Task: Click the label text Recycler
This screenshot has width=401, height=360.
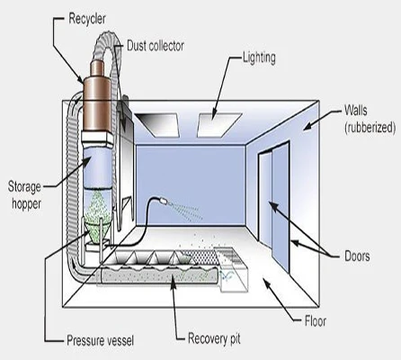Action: click(x=87, y=19)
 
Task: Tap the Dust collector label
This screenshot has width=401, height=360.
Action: click(x=156, y=46)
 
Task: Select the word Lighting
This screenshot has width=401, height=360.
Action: click(x=259, y=58)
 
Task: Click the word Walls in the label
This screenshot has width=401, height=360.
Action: click(x=356, y=110)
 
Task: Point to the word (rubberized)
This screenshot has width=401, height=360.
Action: click(x=370, y=128)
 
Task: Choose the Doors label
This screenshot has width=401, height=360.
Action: click(x=357, y=256)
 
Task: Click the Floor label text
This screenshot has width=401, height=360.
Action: click(x=316, y=321)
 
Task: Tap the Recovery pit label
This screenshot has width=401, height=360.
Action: click(x=214, y=338)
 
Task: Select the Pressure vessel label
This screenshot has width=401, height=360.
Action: click(x=100, y=341)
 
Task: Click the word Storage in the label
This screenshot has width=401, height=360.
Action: click(x=24, y=187)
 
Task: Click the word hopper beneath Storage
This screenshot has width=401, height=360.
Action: click(x=26, y=204)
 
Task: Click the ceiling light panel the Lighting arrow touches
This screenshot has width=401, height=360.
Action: click(x=219, y=125)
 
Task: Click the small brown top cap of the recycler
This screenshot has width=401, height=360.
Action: click(x=97, y=68)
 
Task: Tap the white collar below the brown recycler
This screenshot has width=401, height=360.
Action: click(x=97, y=137)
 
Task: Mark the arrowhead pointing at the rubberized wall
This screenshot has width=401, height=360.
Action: click(x=307, y=127)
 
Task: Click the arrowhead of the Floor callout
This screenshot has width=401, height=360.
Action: click(x=266, y=282)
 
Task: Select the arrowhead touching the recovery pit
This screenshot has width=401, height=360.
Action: click(x=173, y=280)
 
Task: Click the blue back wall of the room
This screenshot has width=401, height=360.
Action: click(x=191, y=184)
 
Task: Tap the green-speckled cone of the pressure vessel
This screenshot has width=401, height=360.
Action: click(x=96, y=233)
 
